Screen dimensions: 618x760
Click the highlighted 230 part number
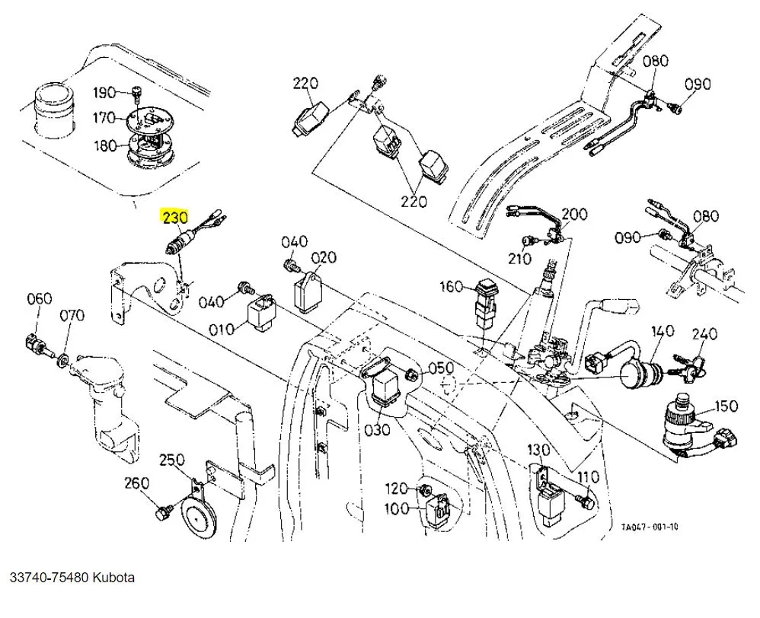[174, 218]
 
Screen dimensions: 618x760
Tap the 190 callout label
[104, 93]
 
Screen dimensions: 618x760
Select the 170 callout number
[104, 118]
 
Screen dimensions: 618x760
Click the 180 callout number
[104, 145]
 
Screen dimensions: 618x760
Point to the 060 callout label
[40, 298]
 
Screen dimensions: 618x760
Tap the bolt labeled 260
[161, 515]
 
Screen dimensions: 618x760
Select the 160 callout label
[451, 286]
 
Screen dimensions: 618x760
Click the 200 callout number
[575, 214]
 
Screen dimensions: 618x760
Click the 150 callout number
[726, 406]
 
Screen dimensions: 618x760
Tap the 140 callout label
[663, 330]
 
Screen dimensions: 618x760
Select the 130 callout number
[538, 450]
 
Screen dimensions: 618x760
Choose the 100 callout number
[397, 509]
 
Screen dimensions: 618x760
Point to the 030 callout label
[377, 430]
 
